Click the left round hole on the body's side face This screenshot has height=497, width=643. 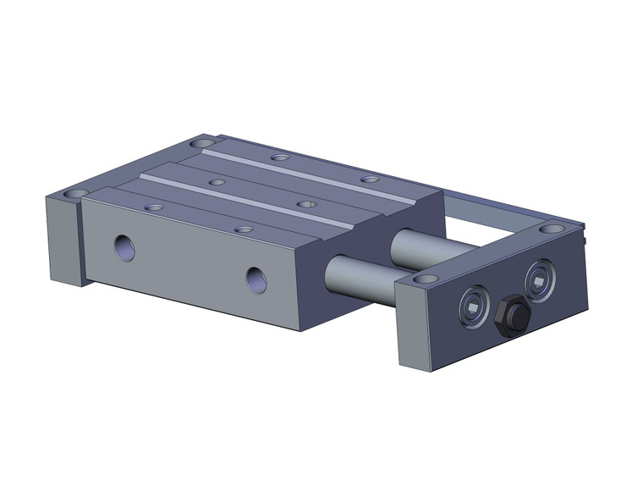point(125,247)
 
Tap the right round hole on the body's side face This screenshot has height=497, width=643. point(256,279)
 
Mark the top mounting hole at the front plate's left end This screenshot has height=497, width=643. point(426,278)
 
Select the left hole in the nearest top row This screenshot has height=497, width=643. point(154,207)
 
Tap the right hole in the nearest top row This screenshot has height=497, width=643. point(244,229)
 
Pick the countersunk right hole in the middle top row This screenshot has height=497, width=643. point(306,204)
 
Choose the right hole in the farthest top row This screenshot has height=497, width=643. point(369,179)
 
